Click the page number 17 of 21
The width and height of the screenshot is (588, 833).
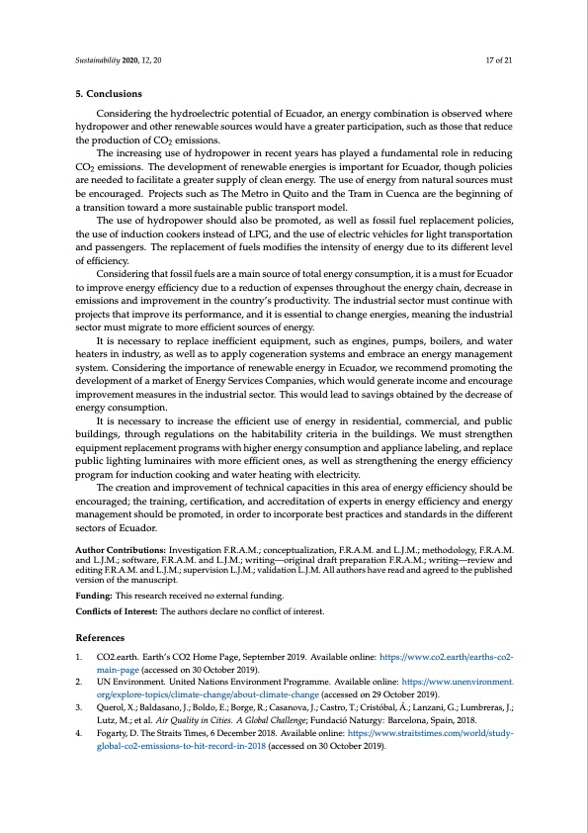click(x=498, y=61)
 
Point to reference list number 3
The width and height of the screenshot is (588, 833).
click(x=79, y=708)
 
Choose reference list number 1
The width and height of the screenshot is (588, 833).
click(x=79, y=656)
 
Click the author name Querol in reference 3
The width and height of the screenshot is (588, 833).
click(x=113, y=708)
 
